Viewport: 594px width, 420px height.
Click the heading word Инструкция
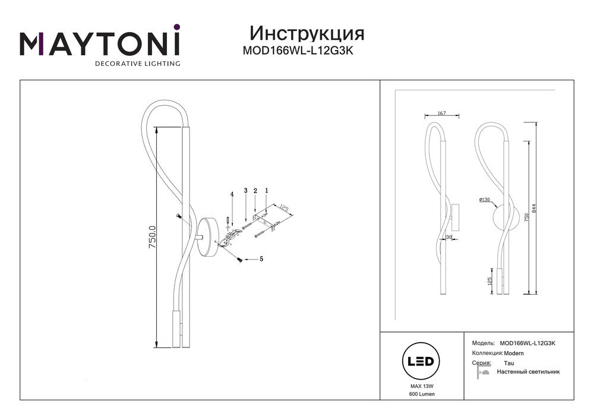point(307,34)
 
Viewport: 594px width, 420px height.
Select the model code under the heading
point(298,50)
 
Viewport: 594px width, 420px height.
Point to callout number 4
point(232,194)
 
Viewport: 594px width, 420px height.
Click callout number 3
point(245,191)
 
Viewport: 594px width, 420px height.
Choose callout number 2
point(255,191)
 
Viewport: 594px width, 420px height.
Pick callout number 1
point(267,190)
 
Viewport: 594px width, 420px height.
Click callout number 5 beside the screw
point(261,260)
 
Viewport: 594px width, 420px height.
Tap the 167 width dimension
point(442,113)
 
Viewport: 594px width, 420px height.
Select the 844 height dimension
point(534,209)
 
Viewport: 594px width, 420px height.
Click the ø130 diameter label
point(485,200)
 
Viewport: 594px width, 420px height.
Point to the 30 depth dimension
point(449,237)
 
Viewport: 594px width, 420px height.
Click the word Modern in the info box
point(514,353)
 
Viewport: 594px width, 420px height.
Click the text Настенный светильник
point(528,372)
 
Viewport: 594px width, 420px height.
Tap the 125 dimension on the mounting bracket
point(285,209)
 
